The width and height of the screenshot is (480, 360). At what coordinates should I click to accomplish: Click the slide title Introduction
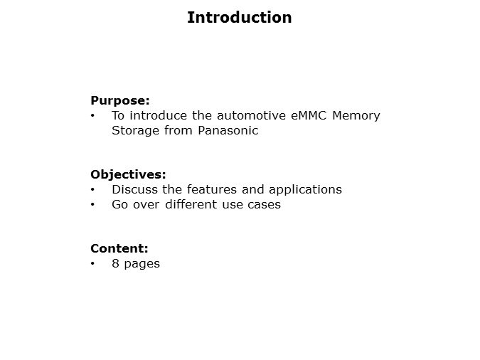(239, 18)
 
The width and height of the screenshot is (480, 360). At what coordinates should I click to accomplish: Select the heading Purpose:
(119, 100)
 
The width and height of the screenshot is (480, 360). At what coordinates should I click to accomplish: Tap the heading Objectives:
(128, 174)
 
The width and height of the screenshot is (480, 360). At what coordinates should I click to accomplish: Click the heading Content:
(119, 248)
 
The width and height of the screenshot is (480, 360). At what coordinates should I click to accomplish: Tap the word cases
(263, 204)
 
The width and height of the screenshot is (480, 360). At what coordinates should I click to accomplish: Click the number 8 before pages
(115, 263)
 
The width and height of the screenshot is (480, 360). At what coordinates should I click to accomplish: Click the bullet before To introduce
(92, 115)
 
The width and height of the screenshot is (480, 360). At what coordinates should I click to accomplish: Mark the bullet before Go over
(92, 204)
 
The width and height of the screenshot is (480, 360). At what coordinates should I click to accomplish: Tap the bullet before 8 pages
(92, 263)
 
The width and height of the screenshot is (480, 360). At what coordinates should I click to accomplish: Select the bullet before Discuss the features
(92, 189)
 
